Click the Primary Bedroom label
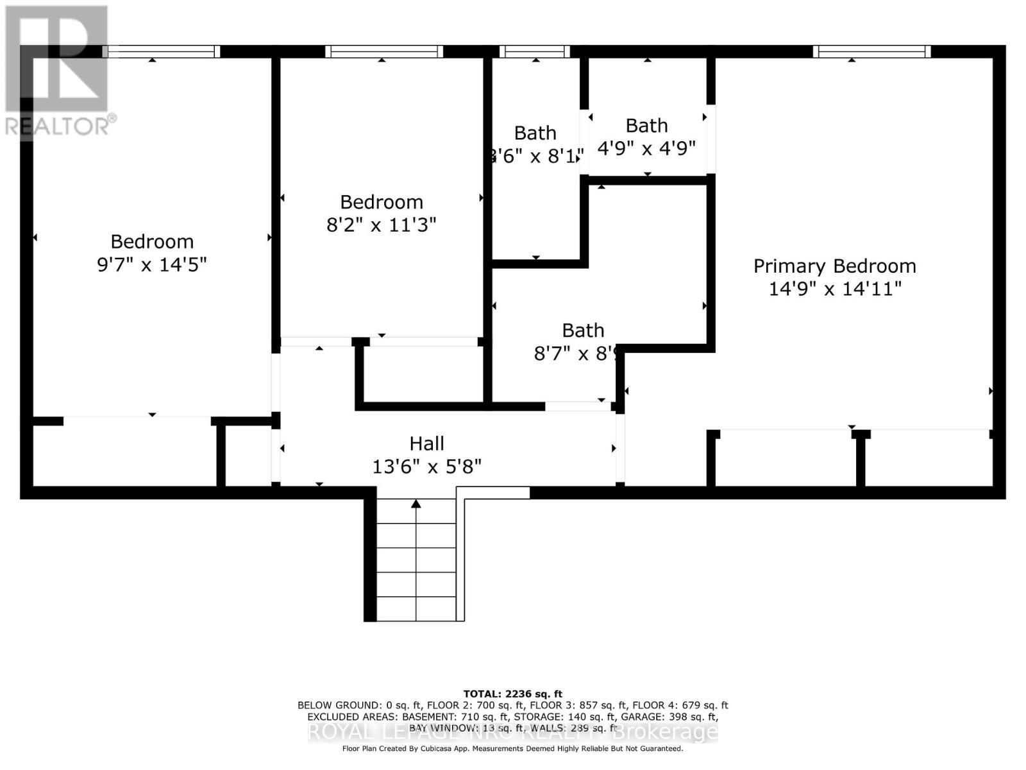click(x=834, y=266)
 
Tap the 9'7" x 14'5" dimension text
click(x=152, y=264)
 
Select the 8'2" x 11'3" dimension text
click(x=382, y=225)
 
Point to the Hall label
click(x=427, y=443)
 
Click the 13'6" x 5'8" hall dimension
click(x=427, y=466)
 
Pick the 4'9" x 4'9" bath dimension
click(x=646, y=149)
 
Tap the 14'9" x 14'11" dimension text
click(x=835, y=289)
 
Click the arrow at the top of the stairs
click(x=416, y=504)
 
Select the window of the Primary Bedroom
click(x=872, y=51)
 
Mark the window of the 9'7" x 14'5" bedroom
click(x=161, y=51)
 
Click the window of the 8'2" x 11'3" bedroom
click(x=383, y=51)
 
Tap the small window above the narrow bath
click(x=534, y=51)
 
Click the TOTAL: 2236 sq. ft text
click(x=512, y=694)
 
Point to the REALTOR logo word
click(x=58, y=126)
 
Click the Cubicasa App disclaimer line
click(x=512, y=748)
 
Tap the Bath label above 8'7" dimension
click(x=583, y=330)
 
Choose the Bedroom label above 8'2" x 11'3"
click(x=382, y=202)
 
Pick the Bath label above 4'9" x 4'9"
click(x=646, y=126)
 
